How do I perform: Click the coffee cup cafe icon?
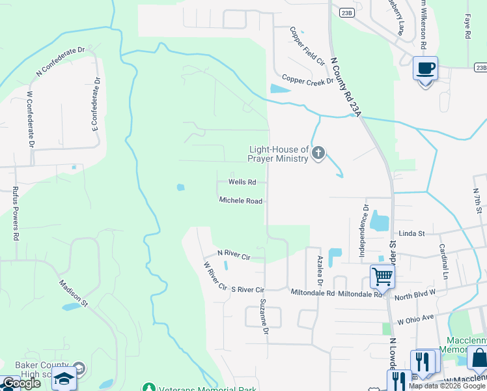click(x=425, y=68)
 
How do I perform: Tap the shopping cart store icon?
click(x=382, y=276)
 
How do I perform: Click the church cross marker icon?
click(x=318, y=153)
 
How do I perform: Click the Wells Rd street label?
click(x=242, y=182)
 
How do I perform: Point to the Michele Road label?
click(x=240, y=201)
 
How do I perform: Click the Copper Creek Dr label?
click(x=307, y=81)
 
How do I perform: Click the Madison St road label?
click(x=73, y=293)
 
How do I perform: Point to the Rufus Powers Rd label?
click(x=16, y=213)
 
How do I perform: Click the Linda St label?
click(x=412, y=233)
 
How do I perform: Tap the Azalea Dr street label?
click(x=320, y=270)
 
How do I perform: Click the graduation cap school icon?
click(x=64, y=378)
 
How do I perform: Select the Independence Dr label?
click(x=365, y=224)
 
